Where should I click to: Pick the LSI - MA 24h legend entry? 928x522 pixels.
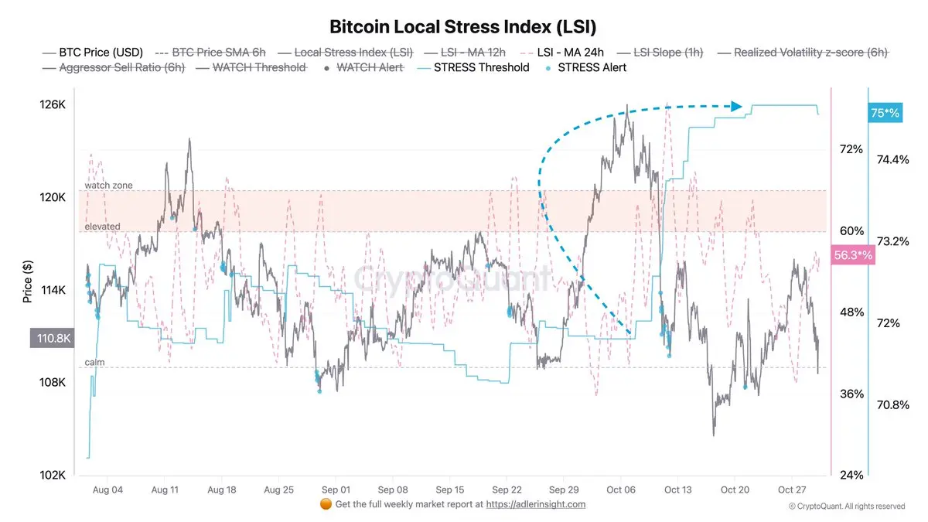[573, 52]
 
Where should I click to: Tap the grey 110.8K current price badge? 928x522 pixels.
[51, 338]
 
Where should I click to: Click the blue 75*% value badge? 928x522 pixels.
[885, 113]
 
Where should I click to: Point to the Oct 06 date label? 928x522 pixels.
[621, 490]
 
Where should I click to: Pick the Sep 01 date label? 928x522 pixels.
[336, 490]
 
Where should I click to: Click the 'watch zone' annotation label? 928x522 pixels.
[108, 186]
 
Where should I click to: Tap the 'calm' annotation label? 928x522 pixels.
[94, 363]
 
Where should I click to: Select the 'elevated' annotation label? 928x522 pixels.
[102, 227]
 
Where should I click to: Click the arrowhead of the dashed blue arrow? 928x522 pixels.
[737, 107]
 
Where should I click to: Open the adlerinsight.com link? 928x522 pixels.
[535, 504]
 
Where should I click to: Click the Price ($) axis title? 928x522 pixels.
[27, 281]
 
